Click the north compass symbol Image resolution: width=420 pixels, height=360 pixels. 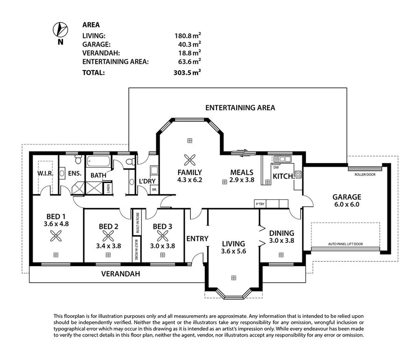point(59,29)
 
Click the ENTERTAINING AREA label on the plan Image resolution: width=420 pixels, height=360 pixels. point(240,108)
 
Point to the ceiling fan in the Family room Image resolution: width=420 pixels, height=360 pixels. point(189,160)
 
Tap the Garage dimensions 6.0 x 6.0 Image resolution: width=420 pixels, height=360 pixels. point(347,205)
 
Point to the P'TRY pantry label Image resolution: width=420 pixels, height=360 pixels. point(260,204)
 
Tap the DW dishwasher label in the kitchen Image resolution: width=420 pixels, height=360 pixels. point(276,167)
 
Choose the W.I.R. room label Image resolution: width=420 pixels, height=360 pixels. point(46,174)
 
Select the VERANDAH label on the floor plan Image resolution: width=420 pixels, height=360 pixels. point(120,274)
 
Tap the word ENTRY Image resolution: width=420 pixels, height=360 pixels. point(197,239)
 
